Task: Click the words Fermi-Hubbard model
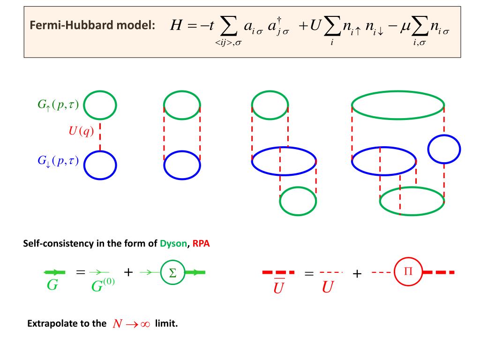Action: [92, 26]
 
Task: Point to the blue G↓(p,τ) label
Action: [58, 161]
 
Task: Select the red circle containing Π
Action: [407, 272]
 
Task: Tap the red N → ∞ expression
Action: [131, 324]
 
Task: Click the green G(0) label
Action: [103, 285]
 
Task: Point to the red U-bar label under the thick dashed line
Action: [279, 286]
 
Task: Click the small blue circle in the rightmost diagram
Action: [443, 149]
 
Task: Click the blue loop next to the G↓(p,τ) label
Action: [100, 165]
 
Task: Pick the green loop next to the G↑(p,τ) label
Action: [100, 105]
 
